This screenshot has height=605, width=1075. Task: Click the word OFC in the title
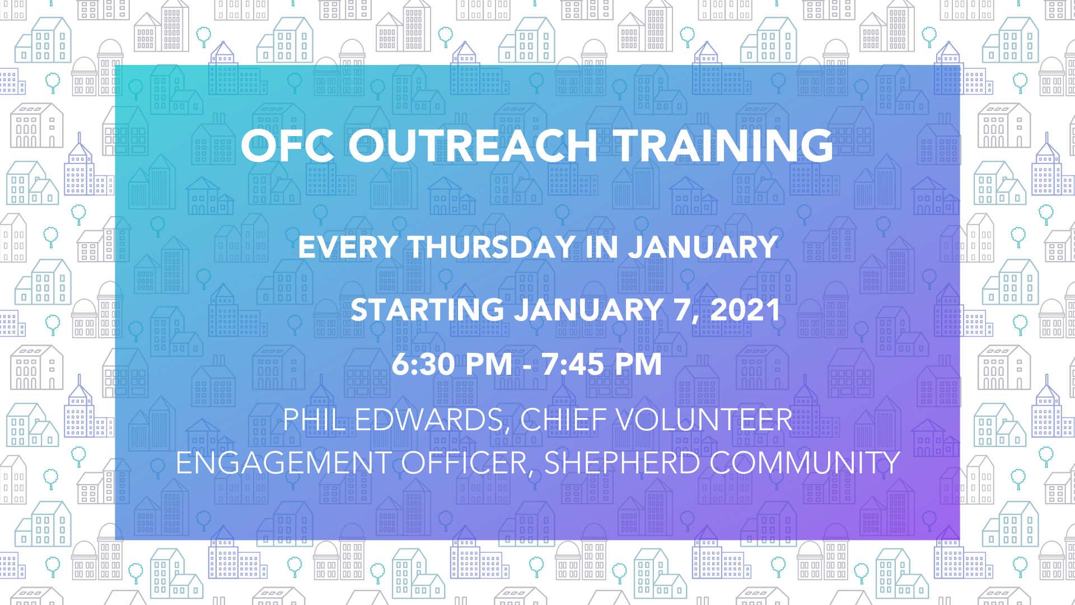point(287,146)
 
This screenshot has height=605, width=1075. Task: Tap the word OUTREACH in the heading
point(473,146)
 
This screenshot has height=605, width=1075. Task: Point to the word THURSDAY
point(492,247)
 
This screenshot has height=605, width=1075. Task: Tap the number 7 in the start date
point(683,310)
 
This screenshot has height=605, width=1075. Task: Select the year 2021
point(745,310)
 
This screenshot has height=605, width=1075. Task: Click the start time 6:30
point(423,364)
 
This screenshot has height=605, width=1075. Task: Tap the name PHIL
point(314,420)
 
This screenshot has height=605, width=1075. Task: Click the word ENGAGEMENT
point(283,463)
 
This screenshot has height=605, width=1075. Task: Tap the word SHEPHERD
point(622,463)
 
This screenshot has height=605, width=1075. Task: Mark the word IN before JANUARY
point(602,247)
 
